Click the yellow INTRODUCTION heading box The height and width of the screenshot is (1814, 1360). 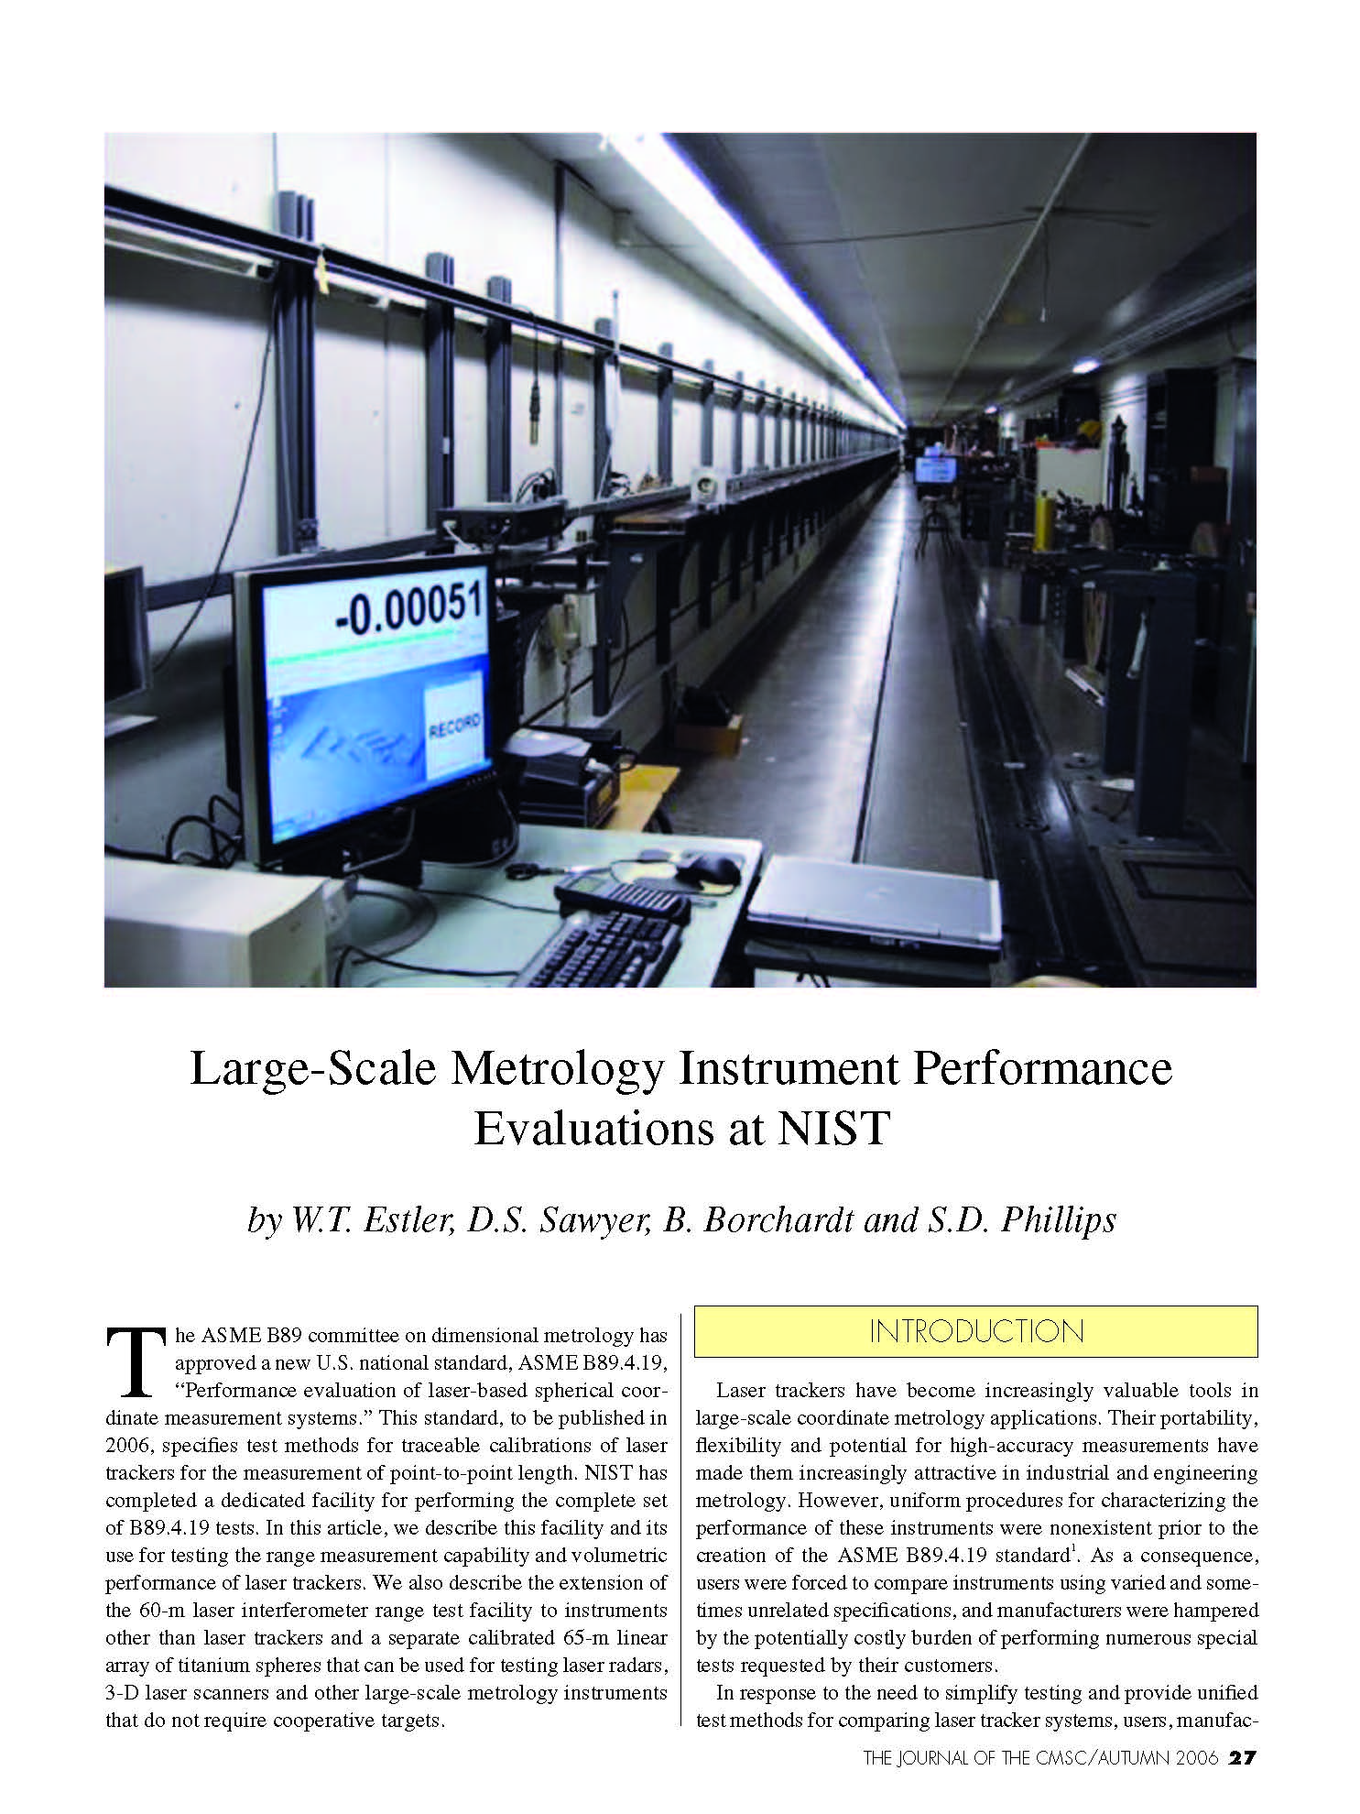tap(975, 1331)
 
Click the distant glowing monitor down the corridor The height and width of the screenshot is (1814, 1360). tap(934, 470)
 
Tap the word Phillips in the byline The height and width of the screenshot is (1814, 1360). tap(1059, 1220)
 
